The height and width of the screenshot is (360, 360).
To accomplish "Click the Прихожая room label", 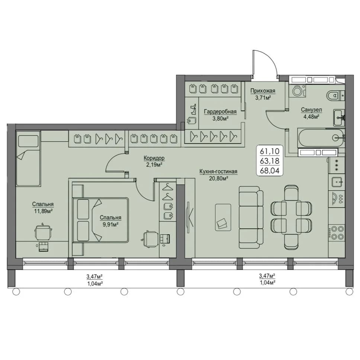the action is (263, 91).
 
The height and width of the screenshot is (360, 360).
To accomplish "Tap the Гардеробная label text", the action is (220, 112).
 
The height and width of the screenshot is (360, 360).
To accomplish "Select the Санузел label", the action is (311, 110).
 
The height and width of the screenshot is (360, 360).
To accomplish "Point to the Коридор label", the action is (154, 158).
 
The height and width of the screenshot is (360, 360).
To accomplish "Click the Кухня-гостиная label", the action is (218, 171).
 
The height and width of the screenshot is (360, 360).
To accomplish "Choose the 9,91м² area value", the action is (110, 224).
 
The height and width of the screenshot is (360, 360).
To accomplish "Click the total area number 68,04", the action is (270, 171).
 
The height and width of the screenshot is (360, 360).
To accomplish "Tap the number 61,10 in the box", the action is (270, 151).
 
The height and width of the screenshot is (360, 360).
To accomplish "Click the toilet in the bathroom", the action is (335, 95).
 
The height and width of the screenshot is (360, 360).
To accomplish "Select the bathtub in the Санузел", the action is (321, 138).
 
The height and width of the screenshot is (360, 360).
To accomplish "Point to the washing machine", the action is (297, 90).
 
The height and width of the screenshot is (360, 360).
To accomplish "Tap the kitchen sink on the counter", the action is (337, 182).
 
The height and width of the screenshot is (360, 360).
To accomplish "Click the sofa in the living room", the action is (251, 217).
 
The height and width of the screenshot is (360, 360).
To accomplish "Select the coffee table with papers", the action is (223, 217).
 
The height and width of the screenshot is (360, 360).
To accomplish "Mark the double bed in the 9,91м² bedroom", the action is (100, 220).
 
